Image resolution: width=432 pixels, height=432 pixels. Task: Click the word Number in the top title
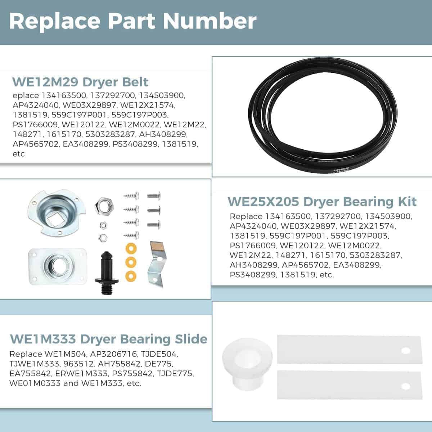210,21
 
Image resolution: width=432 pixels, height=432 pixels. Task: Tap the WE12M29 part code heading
45,82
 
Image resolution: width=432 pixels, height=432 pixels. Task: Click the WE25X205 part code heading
263,202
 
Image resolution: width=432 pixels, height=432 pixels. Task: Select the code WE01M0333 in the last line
35,383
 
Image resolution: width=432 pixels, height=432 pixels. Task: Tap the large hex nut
104,206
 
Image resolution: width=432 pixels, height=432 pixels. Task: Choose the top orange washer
131,249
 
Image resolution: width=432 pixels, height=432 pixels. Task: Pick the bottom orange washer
131,276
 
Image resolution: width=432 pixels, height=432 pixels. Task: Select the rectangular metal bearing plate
58,266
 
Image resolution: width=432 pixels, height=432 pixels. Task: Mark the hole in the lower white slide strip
406,386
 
